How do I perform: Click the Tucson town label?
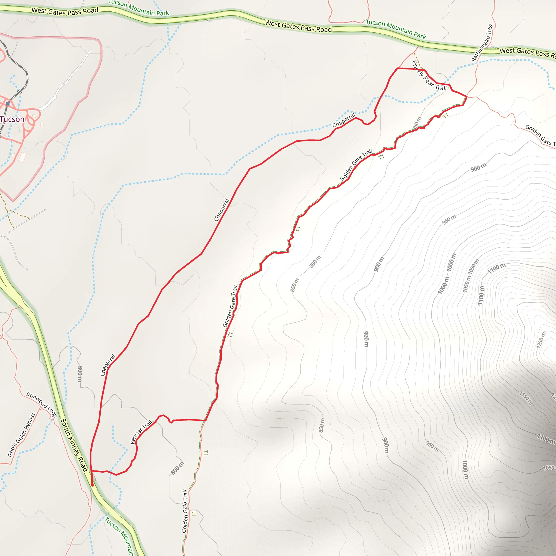(x=12, y=119)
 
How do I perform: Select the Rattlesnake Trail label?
(x=482, y=43)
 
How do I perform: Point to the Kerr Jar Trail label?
(x=141, y=432)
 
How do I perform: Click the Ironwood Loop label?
(x=42, y=404)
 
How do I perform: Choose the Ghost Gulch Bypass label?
(x=22, y=435)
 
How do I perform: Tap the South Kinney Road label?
(x=74, y=445)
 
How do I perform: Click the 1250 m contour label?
(x=541, y=340)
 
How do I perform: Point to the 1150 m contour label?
(x=526, y=398)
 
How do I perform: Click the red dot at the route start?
(x=92, y=485)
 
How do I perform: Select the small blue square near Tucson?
(x=8, y=103)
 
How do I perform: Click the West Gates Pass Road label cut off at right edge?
(x=527, y=52)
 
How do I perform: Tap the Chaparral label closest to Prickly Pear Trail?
(x=344, y=120)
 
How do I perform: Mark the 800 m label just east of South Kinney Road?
(x=80, y=374)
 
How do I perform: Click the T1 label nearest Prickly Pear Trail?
(x=446, y=116)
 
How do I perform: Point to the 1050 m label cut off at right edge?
(x=549, y=468)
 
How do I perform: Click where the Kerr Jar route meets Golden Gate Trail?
(x=206, y=421)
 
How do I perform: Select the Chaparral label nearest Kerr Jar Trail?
(x=108, y=365)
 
